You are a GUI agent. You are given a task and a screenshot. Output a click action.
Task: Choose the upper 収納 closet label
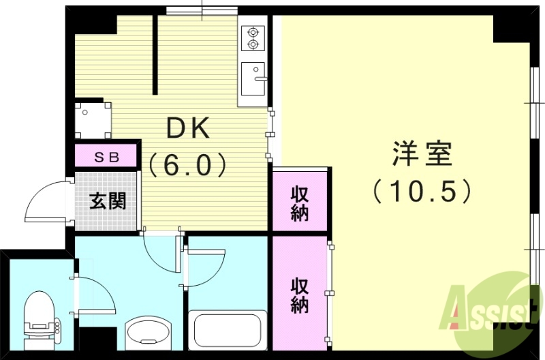[300, 202]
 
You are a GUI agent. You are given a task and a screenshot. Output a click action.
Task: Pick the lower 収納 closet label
[300, 295]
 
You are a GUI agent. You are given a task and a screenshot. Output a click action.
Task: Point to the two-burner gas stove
[253, 37]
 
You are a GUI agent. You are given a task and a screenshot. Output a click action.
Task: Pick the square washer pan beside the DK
[92, 119]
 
